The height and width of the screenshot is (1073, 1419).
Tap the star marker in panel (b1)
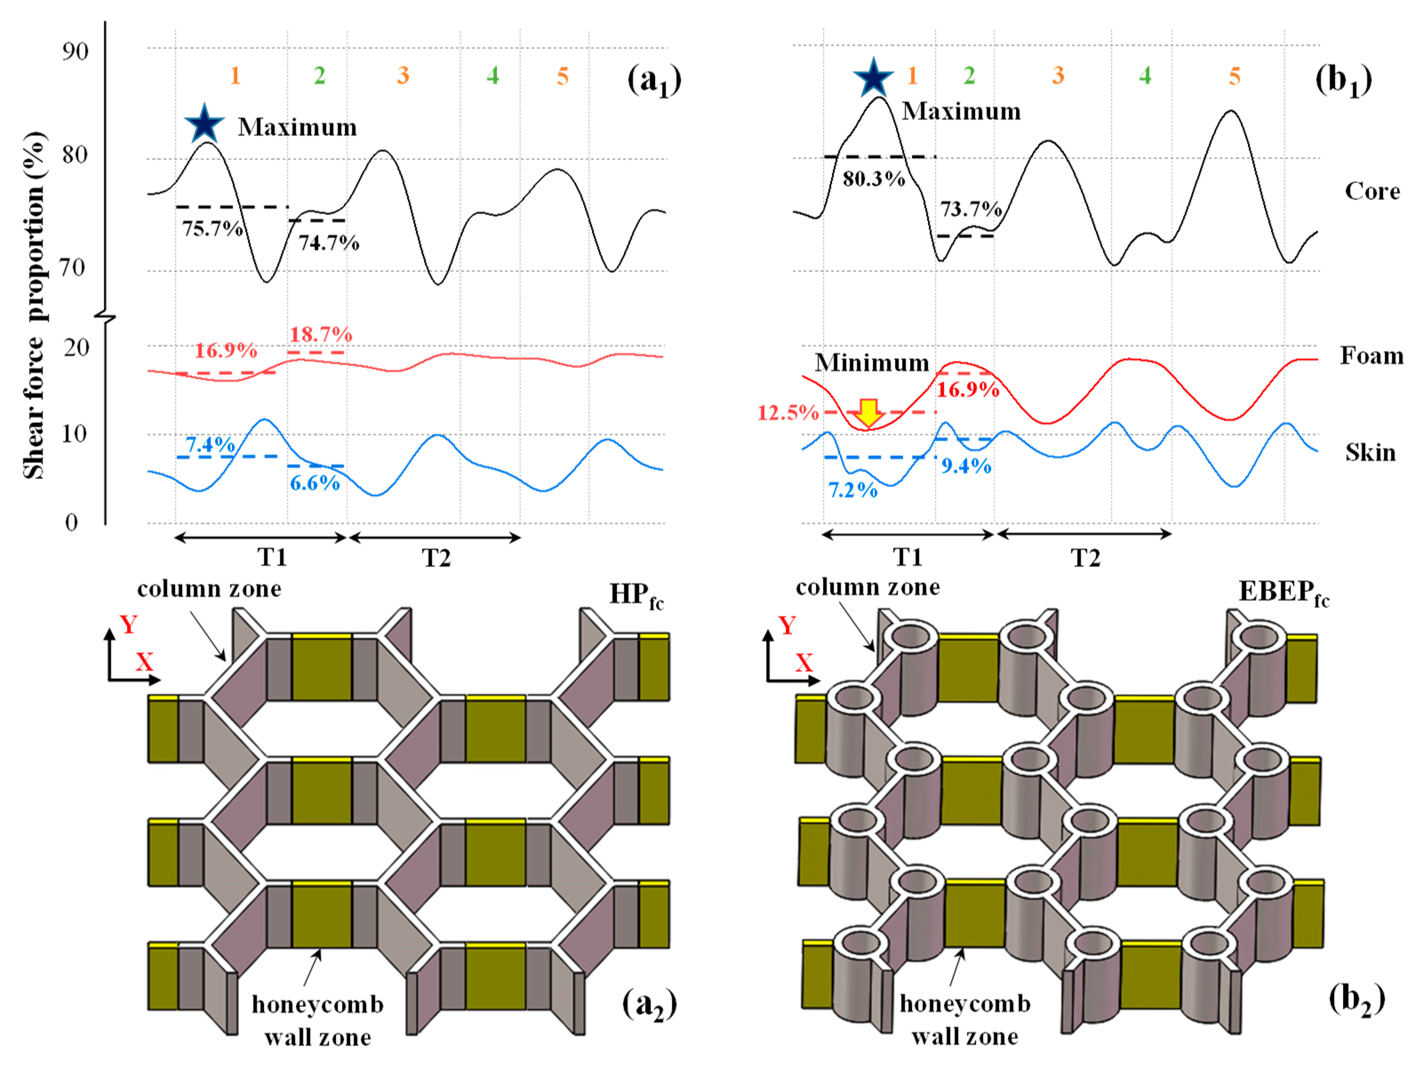click(x=873, y=77)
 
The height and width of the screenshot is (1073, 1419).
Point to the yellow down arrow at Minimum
click(x=868, y=412)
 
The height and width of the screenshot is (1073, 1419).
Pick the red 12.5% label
click(x=788, y=412)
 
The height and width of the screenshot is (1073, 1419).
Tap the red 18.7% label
click(x=321, y=334)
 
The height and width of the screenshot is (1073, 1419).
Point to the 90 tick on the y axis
click(x=75, y=51)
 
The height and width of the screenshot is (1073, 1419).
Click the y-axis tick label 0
click(x=72, y=522)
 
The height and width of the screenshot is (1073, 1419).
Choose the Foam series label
click(x=1371, y=355)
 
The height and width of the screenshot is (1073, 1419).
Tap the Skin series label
click(x=1370, y=452)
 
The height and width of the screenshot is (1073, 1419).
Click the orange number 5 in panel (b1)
click(x=1234, y=76)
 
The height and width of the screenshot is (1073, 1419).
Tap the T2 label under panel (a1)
click(x=436, y=558)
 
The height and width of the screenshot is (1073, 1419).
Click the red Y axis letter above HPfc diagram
click(x=129, y=624)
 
